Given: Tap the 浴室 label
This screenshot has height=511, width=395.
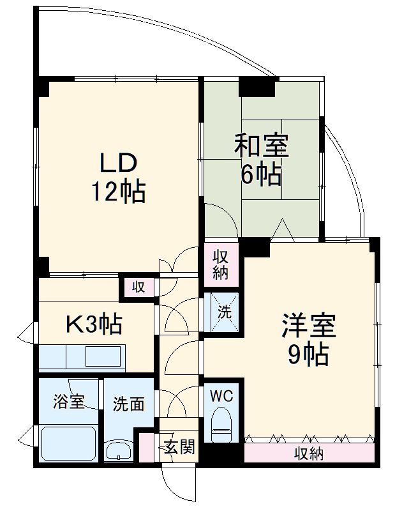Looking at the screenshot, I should (x=68, y=403).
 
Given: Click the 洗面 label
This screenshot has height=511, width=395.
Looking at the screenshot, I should (x=128, y=404).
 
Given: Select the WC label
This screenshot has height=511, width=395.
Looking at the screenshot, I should (x=222, y=395).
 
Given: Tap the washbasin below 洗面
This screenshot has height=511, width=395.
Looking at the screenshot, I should (x=120, y=452).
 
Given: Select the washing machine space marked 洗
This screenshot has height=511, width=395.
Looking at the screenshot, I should (x=224, y=312).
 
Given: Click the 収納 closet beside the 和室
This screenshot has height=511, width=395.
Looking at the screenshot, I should (x=221, y=264).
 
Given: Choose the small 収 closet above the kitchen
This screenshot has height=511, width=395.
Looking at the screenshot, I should (x=138, y=287).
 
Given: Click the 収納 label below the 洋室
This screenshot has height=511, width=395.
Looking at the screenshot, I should (x=309, y=454).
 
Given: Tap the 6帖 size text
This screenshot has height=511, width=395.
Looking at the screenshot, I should (x=261, y=174).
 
